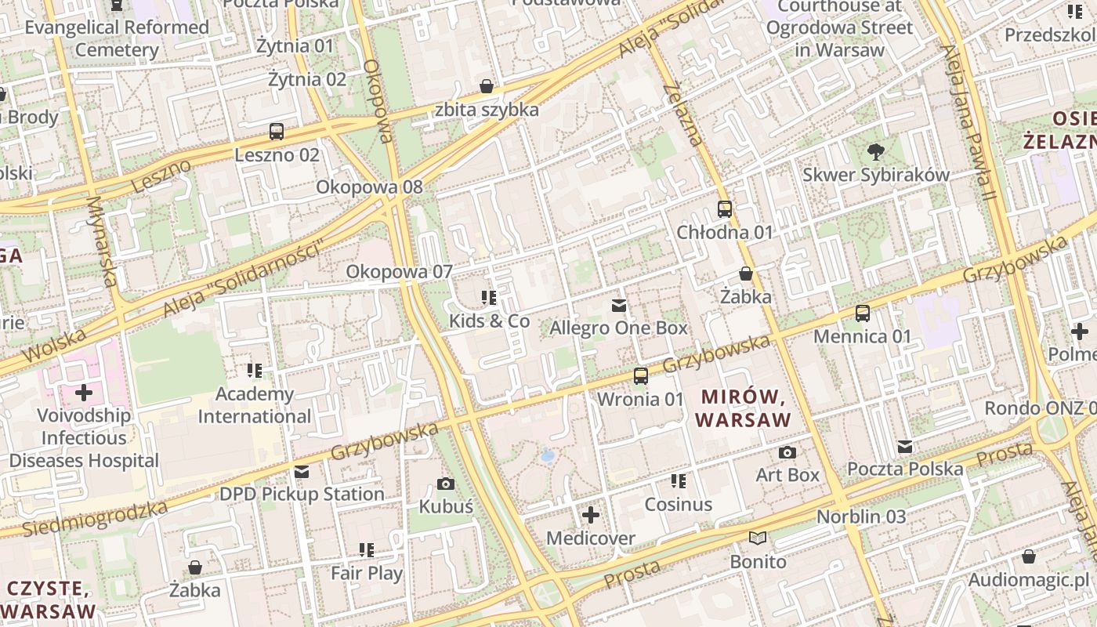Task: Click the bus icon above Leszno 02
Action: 277,132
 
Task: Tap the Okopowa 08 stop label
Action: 369,187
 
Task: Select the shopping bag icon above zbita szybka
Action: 487,86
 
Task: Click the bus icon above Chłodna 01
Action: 725,209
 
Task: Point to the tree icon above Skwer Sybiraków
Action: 875,152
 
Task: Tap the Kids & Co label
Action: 489,321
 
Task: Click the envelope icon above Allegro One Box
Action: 619,305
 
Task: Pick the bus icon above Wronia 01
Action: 641,376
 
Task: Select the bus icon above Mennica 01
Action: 863,313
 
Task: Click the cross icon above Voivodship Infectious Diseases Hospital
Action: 84,392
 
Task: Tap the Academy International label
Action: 255,405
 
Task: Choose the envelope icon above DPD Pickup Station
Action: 302,471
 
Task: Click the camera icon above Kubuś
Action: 446,484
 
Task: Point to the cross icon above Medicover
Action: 591,515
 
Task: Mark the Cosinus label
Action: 679,504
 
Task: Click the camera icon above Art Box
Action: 787,452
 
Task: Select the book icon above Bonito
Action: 758,538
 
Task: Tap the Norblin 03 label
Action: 861,516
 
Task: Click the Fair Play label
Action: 367,573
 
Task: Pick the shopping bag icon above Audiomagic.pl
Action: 1029,556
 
